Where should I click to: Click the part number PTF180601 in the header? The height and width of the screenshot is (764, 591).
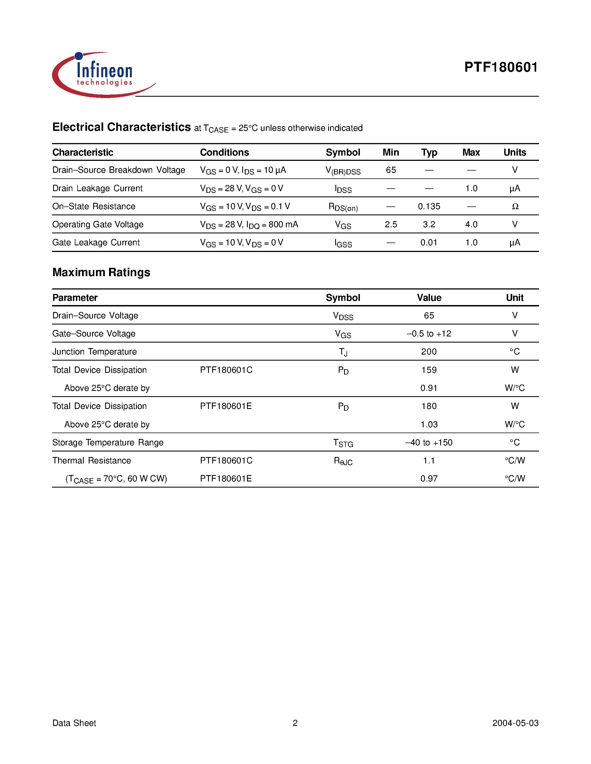(501, 67)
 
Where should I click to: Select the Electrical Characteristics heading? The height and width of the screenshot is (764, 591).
(122, 127)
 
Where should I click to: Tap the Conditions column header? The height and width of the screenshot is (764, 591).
(224, 153)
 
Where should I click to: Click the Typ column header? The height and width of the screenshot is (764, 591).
(429, 153)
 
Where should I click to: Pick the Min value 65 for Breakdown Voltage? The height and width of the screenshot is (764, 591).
(391, 170)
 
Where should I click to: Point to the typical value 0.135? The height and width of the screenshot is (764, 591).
(429, 206)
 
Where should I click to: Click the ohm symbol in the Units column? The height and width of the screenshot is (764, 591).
(515, 206)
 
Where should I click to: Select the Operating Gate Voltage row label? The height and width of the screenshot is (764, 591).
(98, 224)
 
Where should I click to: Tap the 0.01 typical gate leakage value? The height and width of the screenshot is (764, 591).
(429, 243)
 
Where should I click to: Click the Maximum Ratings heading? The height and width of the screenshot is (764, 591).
(101, 272)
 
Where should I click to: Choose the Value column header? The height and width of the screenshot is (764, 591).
(429, 298)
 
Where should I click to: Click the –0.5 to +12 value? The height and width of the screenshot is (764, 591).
(429, 334)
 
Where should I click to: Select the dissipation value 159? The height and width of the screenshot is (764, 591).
(429, 370)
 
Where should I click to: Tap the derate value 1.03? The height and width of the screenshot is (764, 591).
(429, 424)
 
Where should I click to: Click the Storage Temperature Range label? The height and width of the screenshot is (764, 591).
(108, 443)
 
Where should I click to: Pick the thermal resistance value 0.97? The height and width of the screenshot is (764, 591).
(429, 479)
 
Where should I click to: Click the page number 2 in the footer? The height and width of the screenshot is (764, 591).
(295, 723)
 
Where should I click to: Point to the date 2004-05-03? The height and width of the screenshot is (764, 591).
(515, 723)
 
